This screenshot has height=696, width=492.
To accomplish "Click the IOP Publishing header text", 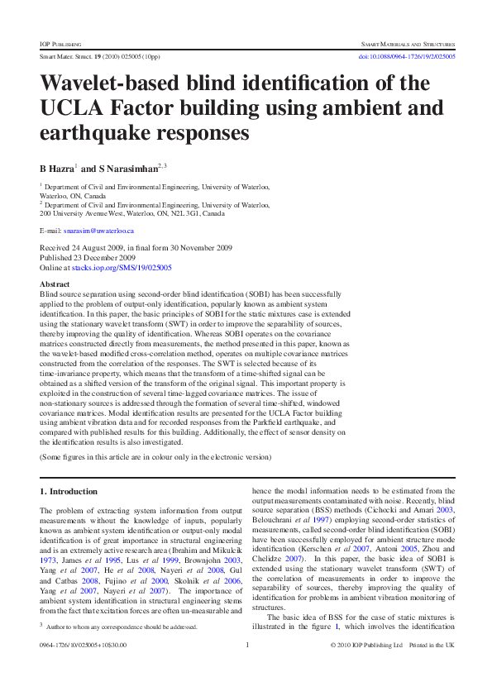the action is [x=57, y=41].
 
